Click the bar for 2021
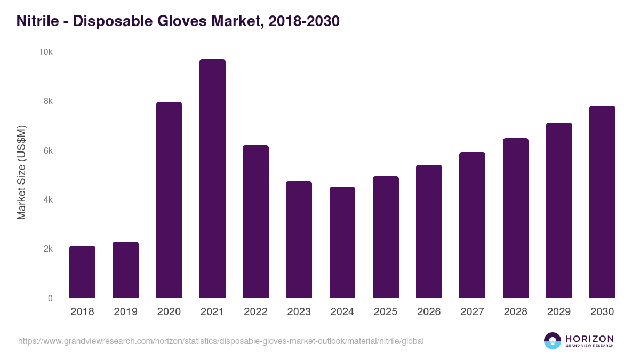pyautogui.click(x=212, y=179)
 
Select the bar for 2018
pyautogui.click(x=82, y=272)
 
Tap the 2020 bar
pyautogui.click(x=169, y=200)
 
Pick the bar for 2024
pyautogui.click(x=342, y=242)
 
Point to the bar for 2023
pyautogui.click(x=299, y=239)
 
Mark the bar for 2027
pyautogui.click(x=472, y=225)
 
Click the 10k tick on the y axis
pyautogui.click(x=45, y=52)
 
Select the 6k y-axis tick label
pyautogui.click(x=47, y=150)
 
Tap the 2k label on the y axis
pyautogui.click(x=47, y=249)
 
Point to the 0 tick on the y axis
pyautogui.click(x=50, y=298)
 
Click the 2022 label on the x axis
pyautogui.click(x=255, y=312)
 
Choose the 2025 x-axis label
pyautogui.click(x=386, y=312)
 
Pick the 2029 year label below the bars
pyautogui.click(x=559, y=312)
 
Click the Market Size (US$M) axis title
pyautogui.click(x=21, y=172)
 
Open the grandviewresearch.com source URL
pyautogui.click(x=221, y=341)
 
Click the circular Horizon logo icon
pyautogui.click(x=553, y=341)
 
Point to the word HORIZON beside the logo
pyautogui.click(x=589, y=338)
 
